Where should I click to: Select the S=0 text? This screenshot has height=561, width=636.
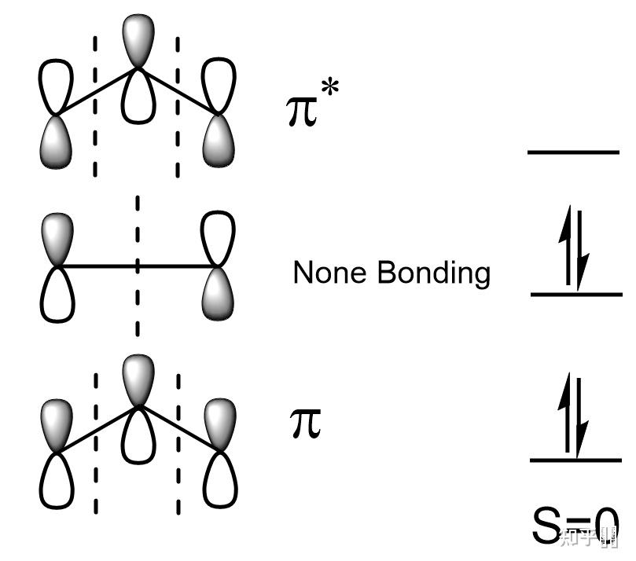coord(575,527)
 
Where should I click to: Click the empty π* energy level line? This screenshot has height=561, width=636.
coord(573,151)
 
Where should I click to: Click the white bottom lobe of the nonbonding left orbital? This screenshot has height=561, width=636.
coord(57,295)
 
